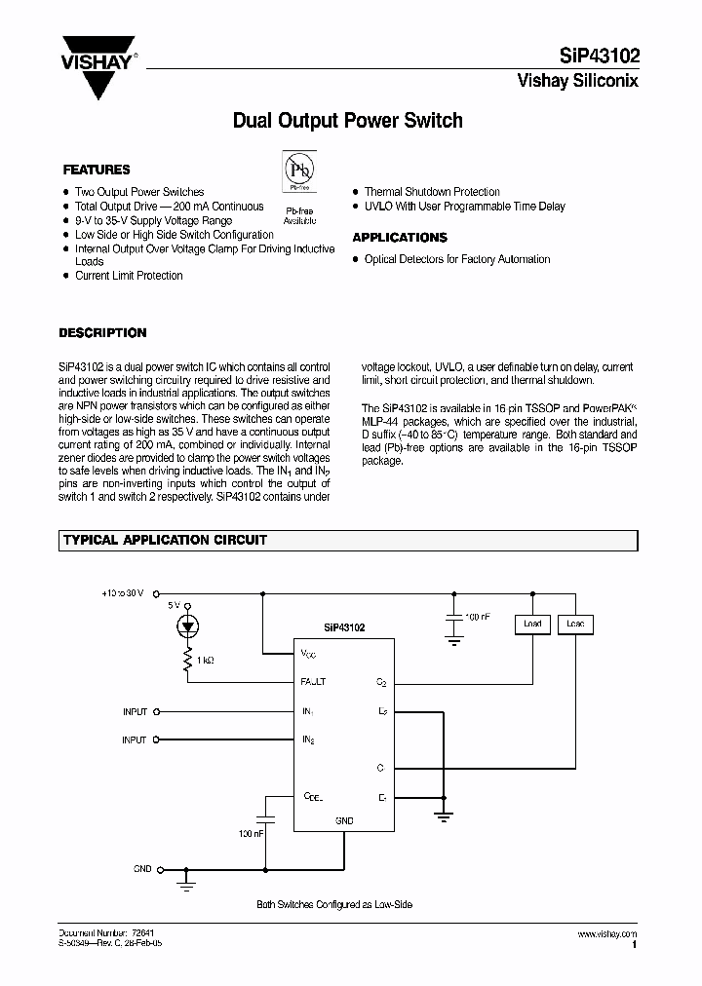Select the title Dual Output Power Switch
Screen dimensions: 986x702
pos(347,121)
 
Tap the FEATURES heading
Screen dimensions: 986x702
pos(97,170)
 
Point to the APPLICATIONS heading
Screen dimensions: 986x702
pos(400,237)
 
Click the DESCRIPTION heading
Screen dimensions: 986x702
pos(102,332)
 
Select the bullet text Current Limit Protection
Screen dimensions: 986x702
pos(129,276)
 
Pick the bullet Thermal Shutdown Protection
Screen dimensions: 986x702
pos(432,192)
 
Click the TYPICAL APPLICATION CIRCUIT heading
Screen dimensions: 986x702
pos(165,540)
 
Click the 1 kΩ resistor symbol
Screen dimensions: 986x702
pos(190,663)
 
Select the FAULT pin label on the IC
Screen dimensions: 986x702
pos(314,682)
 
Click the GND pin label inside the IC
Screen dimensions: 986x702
pos(344,821)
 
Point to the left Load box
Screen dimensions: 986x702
pos(532,624)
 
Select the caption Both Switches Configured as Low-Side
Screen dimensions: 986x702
pos(334,905)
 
